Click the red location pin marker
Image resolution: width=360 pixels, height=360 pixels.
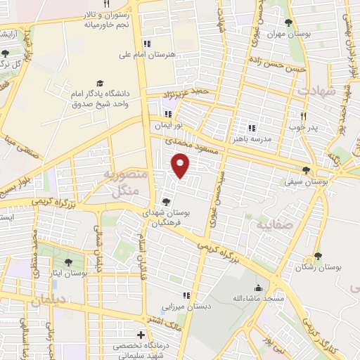181,166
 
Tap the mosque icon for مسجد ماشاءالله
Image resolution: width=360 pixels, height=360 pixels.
258,288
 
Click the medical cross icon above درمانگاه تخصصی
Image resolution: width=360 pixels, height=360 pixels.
141,335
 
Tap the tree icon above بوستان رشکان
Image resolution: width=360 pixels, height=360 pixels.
318,257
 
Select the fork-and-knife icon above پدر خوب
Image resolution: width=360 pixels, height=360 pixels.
304,116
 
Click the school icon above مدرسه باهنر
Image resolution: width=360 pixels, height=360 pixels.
251,128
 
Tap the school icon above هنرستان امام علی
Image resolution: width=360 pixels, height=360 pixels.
146,42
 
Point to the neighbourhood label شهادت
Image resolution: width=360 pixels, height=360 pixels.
318,91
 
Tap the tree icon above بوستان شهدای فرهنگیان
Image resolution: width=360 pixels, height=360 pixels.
166,201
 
